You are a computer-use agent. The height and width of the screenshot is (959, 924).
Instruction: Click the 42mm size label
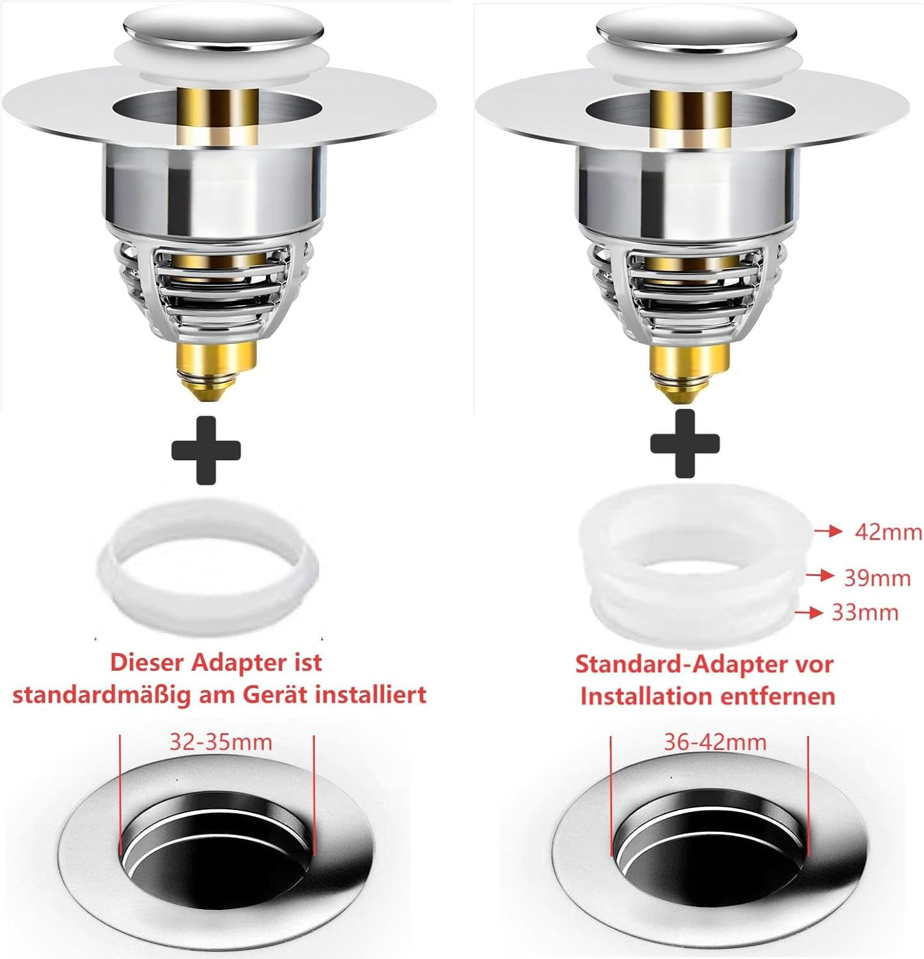[888, 532]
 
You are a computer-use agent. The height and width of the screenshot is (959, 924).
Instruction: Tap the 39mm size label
[877, 578]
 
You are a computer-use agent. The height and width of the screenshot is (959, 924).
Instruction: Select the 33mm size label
[865, 612]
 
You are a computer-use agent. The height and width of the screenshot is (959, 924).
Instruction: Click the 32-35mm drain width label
[221, 742]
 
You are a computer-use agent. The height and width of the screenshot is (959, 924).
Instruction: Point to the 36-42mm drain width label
[715, 742]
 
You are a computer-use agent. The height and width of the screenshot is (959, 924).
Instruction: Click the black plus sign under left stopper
[206, 450]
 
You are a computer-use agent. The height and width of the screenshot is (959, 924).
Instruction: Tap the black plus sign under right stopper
[685, 444]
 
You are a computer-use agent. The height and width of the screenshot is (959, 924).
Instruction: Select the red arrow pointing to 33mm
[809, 612]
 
